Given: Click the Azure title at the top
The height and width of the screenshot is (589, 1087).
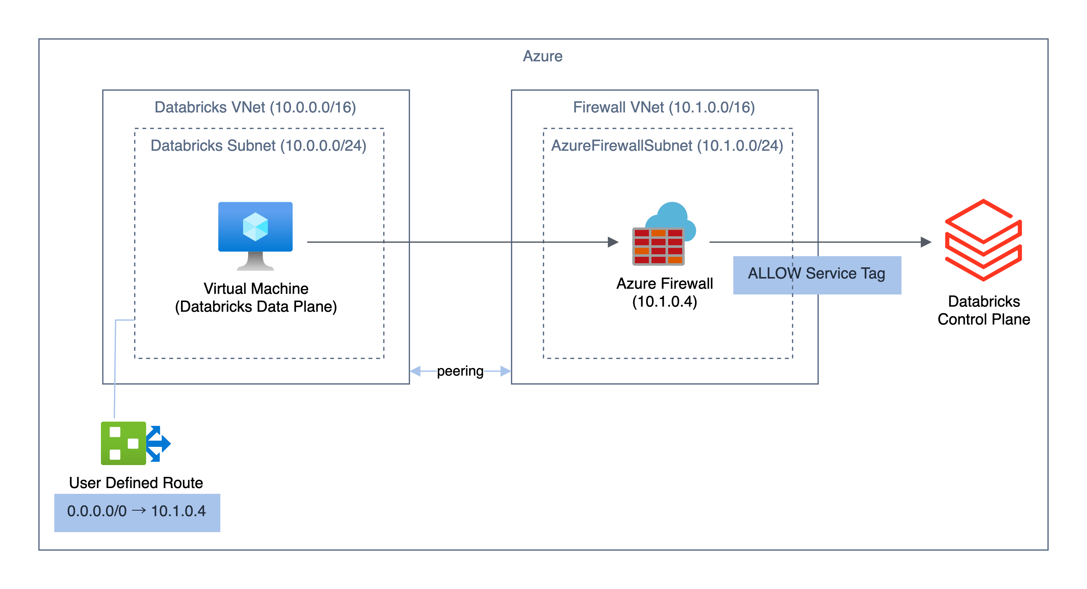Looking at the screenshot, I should coord(542,56).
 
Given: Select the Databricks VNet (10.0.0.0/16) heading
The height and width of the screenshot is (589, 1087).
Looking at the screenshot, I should coord(255,107).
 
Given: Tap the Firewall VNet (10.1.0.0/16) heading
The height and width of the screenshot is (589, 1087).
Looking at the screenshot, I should coord(664,107).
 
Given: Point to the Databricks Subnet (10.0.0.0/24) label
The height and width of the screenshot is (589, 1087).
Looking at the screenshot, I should coord(258,146).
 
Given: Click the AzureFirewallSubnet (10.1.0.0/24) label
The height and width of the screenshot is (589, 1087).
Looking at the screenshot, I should coord(667,146).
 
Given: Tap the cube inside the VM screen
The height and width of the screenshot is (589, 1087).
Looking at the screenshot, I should coord(255,227).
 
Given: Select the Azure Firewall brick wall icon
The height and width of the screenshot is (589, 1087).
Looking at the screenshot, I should coord(658,247).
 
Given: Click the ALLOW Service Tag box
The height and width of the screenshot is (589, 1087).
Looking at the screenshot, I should coord(817,275).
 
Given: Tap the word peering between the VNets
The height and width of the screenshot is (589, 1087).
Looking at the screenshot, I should coord(460,371).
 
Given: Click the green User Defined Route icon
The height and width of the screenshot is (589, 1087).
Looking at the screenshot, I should coord(124,443).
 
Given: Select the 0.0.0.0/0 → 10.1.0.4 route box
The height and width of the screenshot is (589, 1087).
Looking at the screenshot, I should coord(137,512).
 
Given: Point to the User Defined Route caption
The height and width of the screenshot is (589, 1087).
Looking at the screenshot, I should coord(136,483).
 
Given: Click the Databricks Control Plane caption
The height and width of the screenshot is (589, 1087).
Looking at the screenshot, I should coord(983,310).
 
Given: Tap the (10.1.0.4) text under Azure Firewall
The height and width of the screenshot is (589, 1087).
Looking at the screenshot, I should coord(664,302).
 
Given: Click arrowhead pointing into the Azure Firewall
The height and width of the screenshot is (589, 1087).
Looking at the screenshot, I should coord(613,242).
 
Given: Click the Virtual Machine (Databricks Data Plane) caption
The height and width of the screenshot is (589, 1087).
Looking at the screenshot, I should coord(256,298).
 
